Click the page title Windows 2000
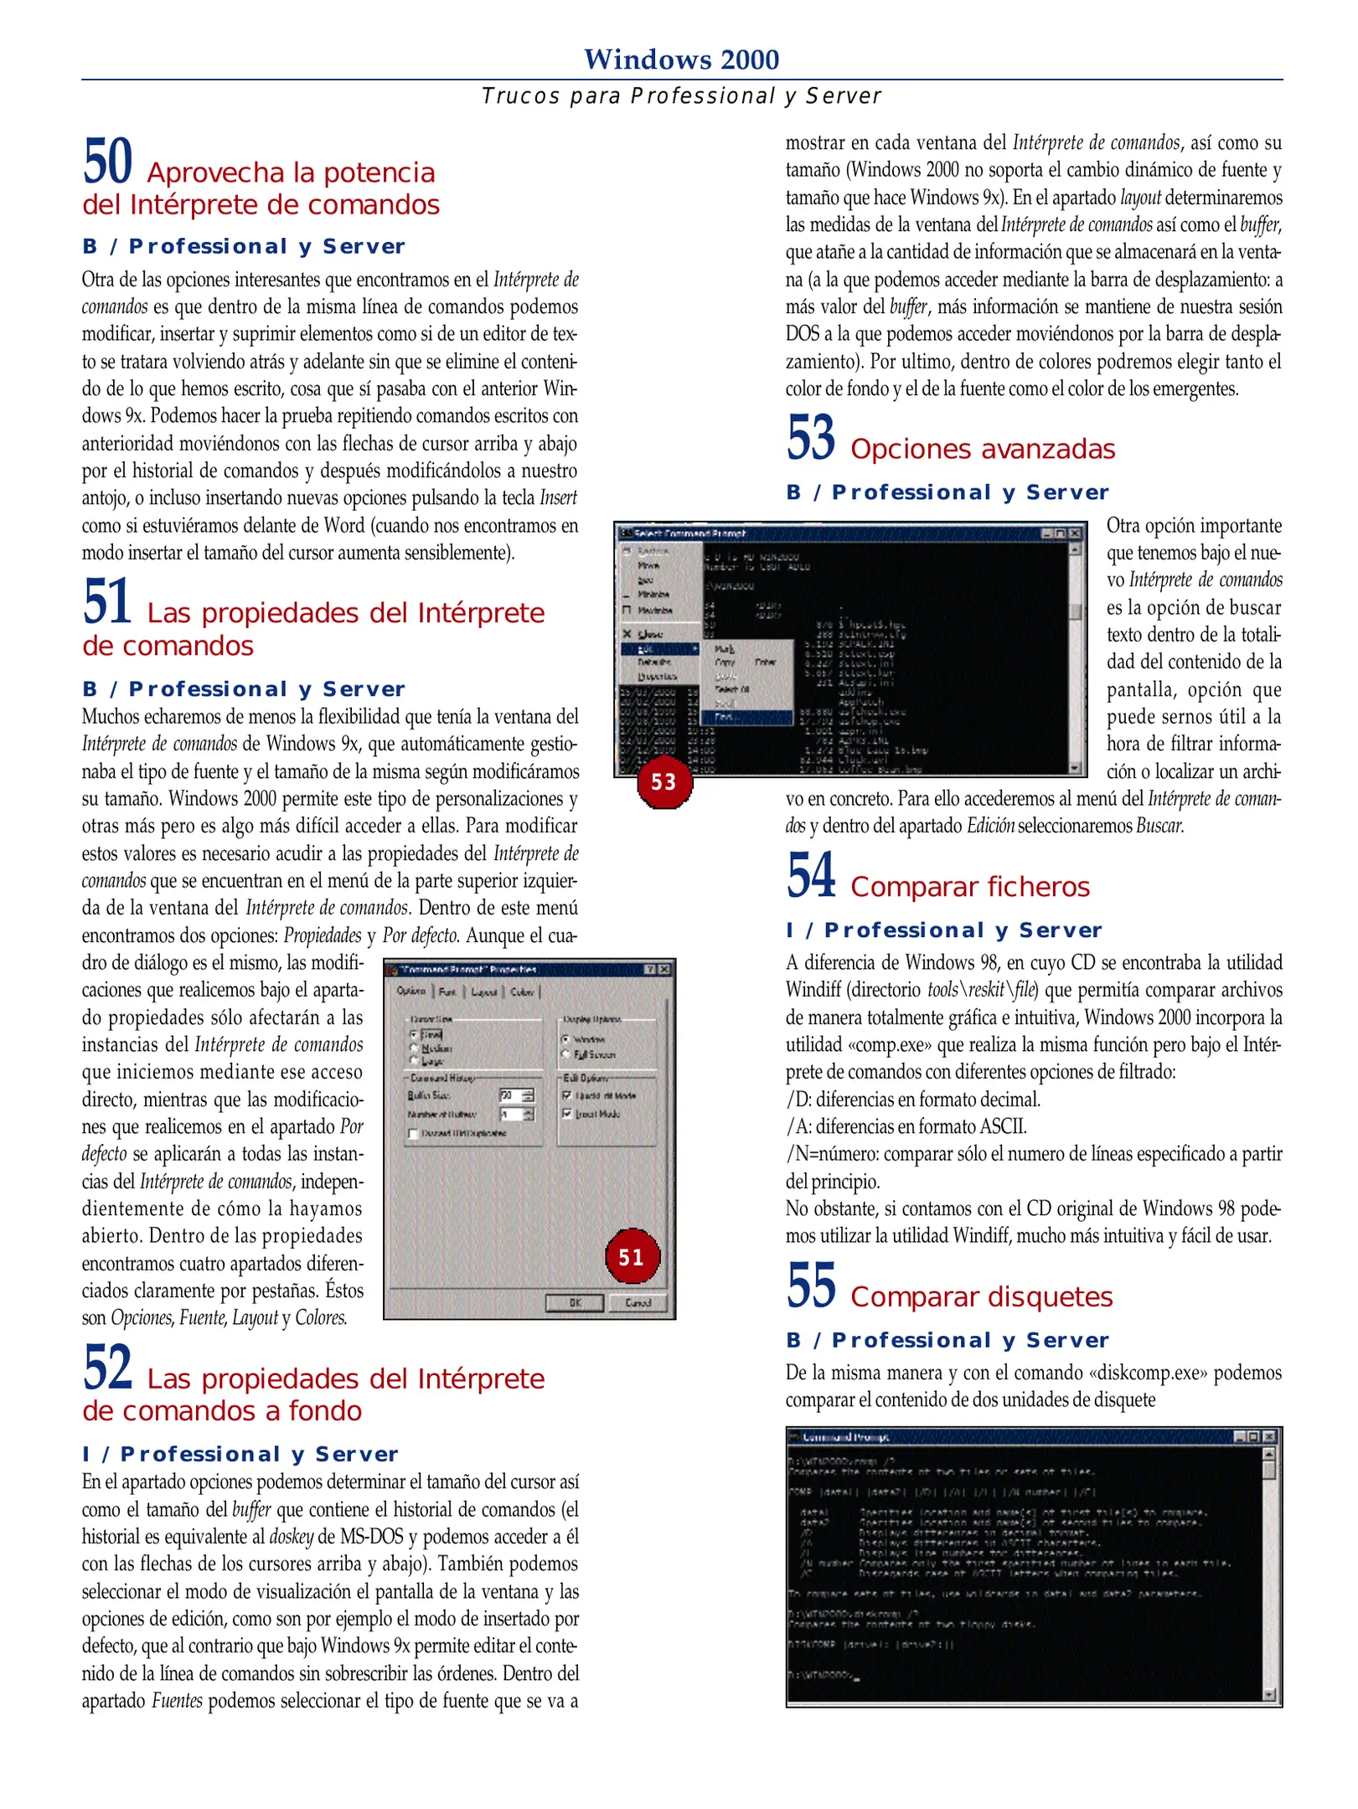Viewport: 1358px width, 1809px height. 681,59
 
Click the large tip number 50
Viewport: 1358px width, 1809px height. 108,162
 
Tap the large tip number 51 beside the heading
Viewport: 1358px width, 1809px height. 107,602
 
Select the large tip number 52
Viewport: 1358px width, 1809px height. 108,1368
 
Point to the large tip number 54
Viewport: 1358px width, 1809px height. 811,876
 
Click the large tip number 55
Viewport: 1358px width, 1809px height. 811,1286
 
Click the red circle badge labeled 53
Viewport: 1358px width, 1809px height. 664,781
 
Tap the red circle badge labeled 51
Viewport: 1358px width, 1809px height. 632,1256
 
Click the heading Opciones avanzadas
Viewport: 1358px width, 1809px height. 982,450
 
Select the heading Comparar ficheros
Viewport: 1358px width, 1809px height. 969,887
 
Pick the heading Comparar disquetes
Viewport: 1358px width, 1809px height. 981,1297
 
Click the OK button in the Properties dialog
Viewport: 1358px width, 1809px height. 575,1302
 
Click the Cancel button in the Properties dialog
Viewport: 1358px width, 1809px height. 638,1302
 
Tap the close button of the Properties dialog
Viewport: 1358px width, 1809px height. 664,969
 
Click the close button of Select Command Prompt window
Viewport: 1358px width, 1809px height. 1076,533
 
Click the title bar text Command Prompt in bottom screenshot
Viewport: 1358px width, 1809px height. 846,1437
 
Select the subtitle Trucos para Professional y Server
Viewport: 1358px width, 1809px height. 681,96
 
